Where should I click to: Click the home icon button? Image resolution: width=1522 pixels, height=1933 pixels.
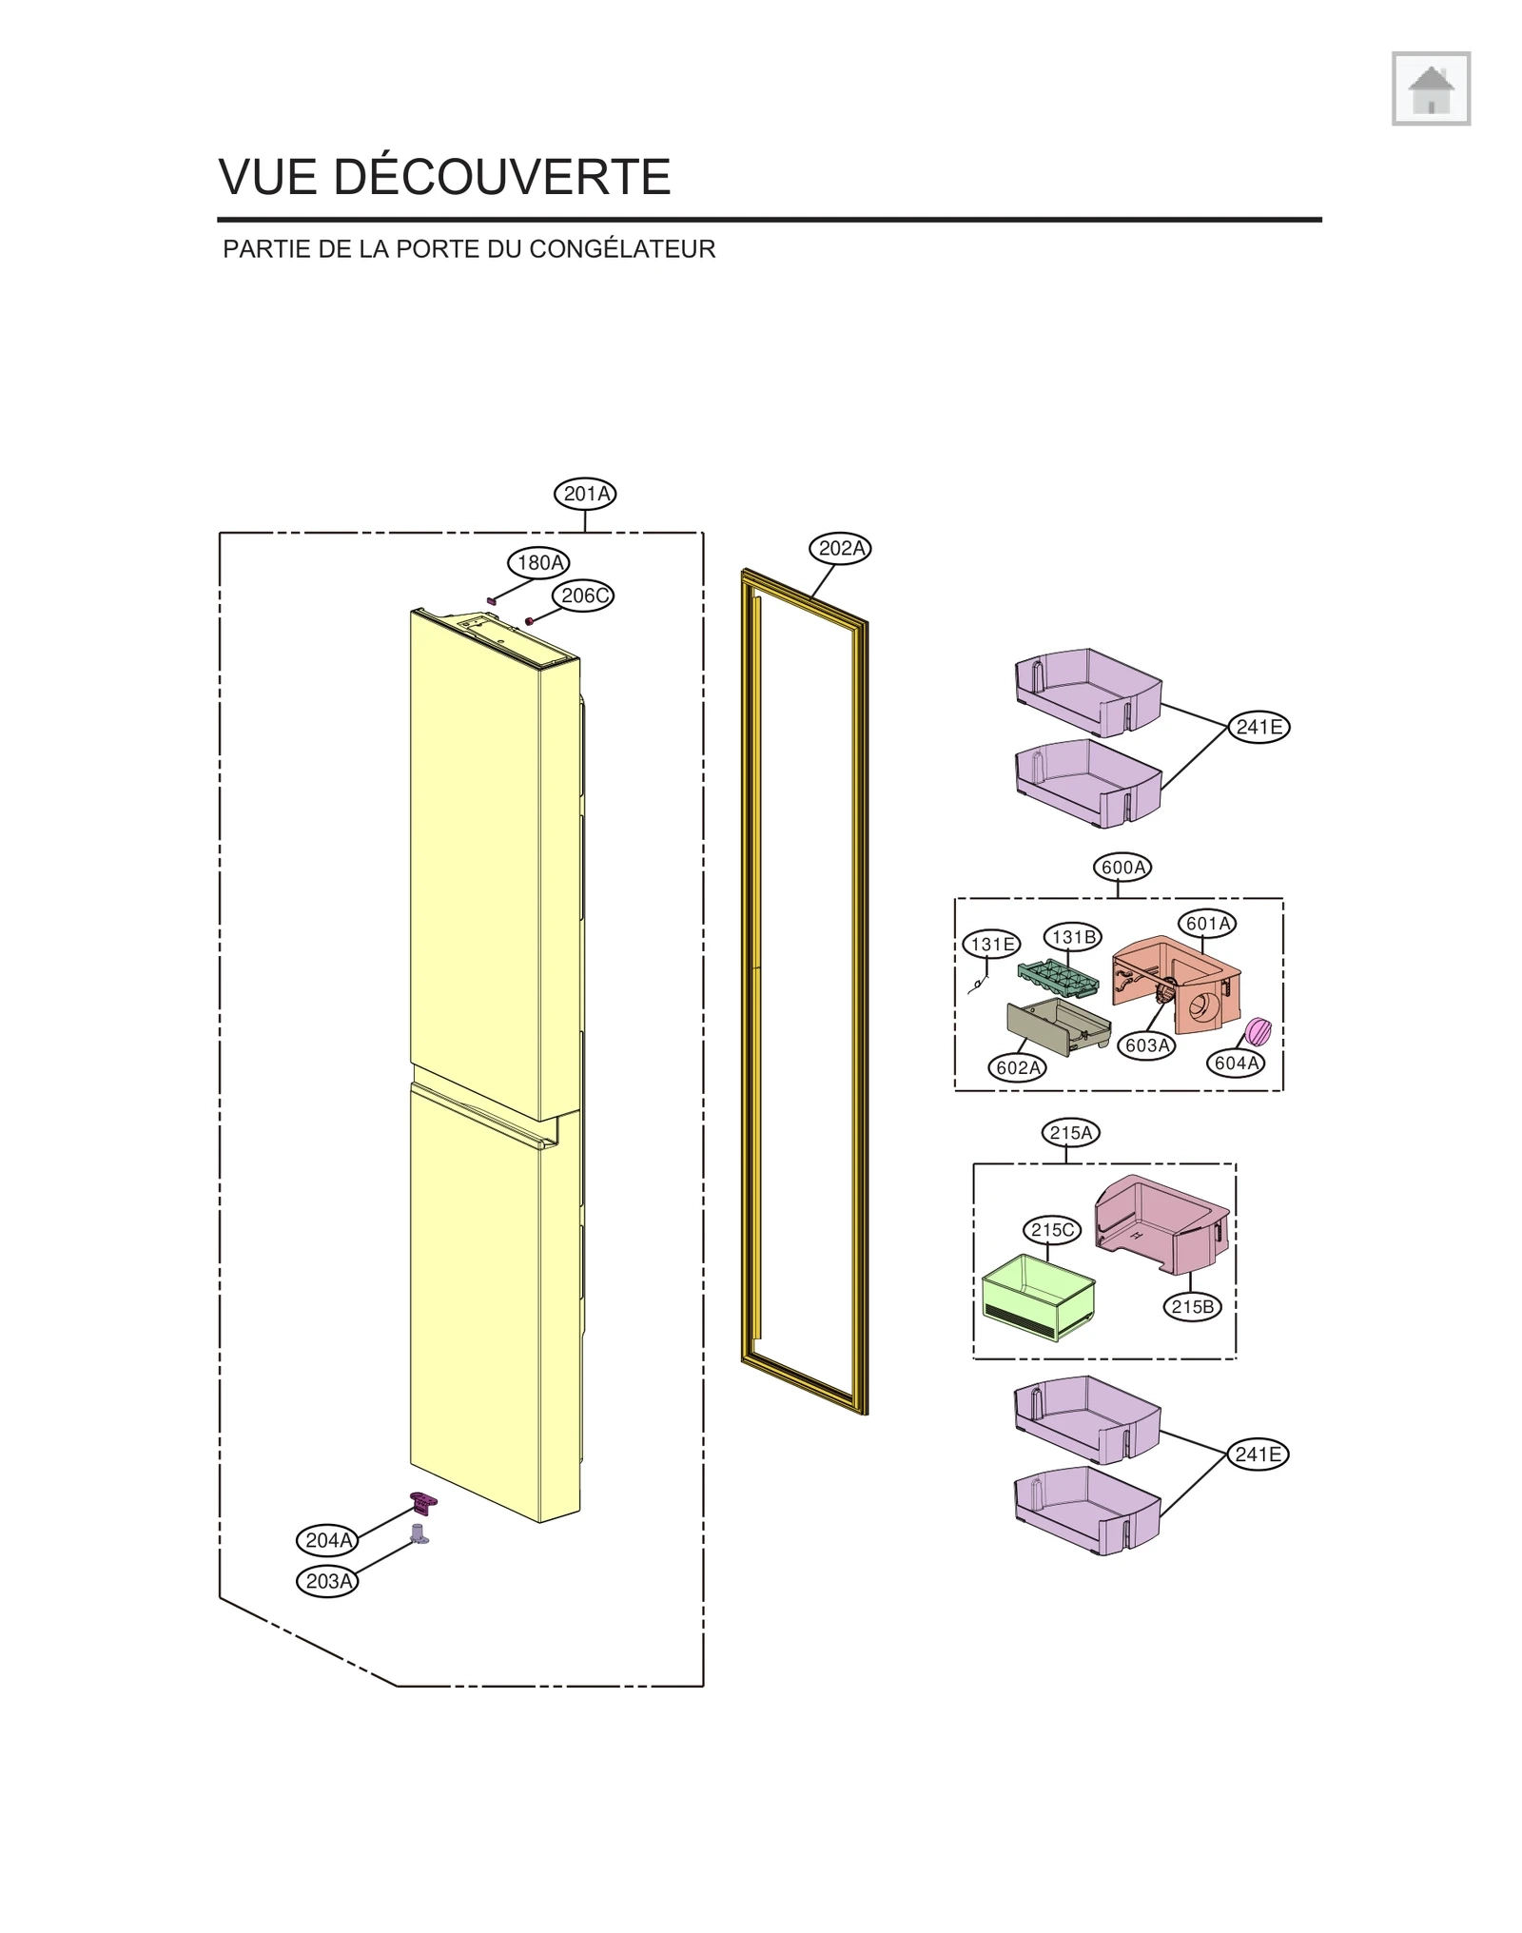[x=1430, y=88]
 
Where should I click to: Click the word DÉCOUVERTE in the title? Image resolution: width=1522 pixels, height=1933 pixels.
[x=501, y=177]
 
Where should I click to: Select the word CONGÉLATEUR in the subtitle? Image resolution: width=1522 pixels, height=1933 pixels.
[x=622, y=249]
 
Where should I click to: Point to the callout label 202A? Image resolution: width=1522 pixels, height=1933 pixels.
[x=841, y=548]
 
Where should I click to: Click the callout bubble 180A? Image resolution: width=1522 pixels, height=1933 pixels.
[x=538, y=562]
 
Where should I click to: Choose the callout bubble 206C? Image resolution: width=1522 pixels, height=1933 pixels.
[x=583, y=596]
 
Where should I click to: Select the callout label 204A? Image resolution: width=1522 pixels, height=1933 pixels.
[x=327, y=1539]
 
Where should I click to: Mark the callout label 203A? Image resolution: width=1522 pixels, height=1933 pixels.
[x=327, y=1581]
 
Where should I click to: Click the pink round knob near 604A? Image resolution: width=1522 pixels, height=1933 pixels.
[x=1258, y=1030]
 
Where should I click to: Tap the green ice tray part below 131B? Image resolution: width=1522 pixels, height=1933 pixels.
[x=1058, y=978]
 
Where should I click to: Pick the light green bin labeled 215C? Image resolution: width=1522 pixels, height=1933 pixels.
[x=1037, y=1296]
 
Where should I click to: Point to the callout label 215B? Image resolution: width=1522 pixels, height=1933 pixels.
[x=1192, y=1306]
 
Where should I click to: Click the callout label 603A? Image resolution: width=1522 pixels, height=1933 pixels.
[x=1146, y=1045]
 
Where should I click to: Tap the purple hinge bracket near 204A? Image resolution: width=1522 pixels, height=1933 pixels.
[x=423, y=1502]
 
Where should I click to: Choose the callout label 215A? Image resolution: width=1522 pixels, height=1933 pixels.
[x=1070, y=1132]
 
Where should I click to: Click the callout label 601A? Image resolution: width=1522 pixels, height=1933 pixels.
[x=1207, y=923]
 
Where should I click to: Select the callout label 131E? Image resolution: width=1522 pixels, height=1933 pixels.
[x=991, y=944]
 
